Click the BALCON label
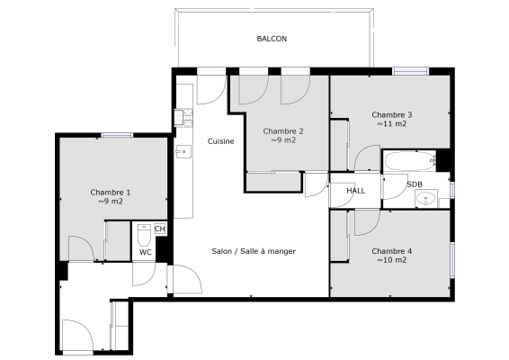(x=272, y=39)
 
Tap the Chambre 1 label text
(x=111, y=192)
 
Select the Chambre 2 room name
(x=283, y=130)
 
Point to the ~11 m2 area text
(x=391, y=124)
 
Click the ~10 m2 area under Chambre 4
(x=391, y=260)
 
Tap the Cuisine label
(x=221, y=141)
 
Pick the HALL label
(x=356, y=191)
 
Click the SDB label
(x=415, y=184)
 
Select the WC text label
(x=145, y=253)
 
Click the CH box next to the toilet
(x=160, y=229)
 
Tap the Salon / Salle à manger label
(x=254, y=251)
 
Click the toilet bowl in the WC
(x=144, y=237)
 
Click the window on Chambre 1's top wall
(x=116, y=135)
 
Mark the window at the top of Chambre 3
(x=410, y=71)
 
